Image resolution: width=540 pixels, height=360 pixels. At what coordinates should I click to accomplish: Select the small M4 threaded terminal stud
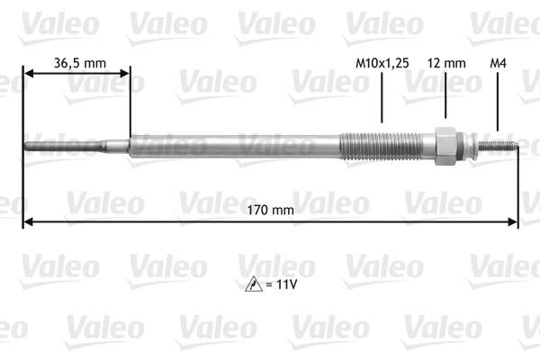pyautogui.click(x=499, y=147)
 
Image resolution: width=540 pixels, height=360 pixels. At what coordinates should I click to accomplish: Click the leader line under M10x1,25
pyautogui.click(x=382, y=99)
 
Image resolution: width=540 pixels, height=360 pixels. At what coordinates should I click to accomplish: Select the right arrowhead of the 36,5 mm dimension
pyautogui.click(x=125, y=74)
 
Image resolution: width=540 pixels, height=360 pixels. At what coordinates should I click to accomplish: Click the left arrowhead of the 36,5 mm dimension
pyautogui.click(x=28, y=74)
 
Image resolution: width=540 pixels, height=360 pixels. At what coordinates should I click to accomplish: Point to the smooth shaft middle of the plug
pyautogui.click(x=234, y=146)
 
